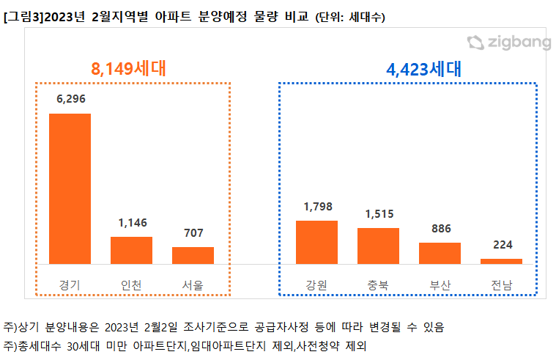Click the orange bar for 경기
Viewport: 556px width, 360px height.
[x=70, y=188]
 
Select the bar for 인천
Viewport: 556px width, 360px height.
[x=131, y=250]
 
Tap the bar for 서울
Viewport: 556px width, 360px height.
[x=193, y=255]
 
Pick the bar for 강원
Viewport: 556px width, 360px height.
[x=316, y=242]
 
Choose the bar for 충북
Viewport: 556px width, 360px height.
[x=378, y=246]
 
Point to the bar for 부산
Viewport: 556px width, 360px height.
[x=440, y=253]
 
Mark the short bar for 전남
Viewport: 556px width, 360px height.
[x=501, y=261]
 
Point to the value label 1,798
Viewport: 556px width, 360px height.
[x=316, y=207]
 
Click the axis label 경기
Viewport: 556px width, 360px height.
[x=70, y=284]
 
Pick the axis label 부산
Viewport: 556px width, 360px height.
[x=440, y=284]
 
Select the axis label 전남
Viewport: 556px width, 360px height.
[x=501, y=284]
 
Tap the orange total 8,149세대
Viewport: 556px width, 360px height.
[x=129, y=69]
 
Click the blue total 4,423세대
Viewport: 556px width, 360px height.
[x=424, y=70]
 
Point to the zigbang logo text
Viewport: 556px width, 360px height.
[x=519, y=43]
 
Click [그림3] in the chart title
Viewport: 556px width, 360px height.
[x=23, y=16]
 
